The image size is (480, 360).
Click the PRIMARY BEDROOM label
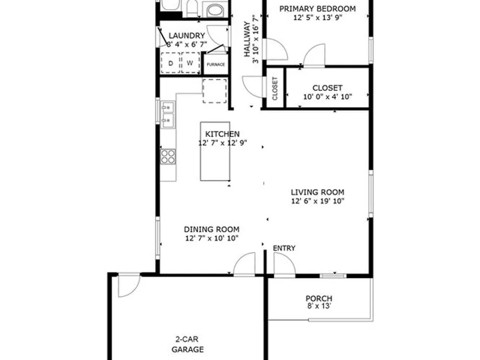tap(317, 9)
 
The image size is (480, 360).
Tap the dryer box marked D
tap(170, 63)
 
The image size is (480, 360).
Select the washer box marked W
tap(190, 63)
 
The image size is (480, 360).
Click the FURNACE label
tap(216, 65)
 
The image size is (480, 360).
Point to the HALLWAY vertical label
tap(247, 39)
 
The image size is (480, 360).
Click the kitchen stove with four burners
tap(168, 156)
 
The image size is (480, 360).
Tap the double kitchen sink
tap(168, 115)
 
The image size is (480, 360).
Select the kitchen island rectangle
tap(215, 152)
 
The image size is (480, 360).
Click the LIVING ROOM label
tap(317, 192)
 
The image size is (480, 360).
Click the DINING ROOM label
tap(212, 229)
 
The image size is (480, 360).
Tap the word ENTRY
tap(284, 248)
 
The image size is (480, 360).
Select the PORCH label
tap(319, 299)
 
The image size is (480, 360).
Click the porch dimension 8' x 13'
tap(319, 306)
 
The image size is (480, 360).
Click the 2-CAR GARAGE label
tap(187, 344)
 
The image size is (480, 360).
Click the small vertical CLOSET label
tap(275, 88)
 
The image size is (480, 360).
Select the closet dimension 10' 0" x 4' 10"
tap(327, 97)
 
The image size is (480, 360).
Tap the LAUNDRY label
tap(187, 36)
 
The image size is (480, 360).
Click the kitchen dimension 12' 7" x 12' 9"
tap(223, 143)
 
